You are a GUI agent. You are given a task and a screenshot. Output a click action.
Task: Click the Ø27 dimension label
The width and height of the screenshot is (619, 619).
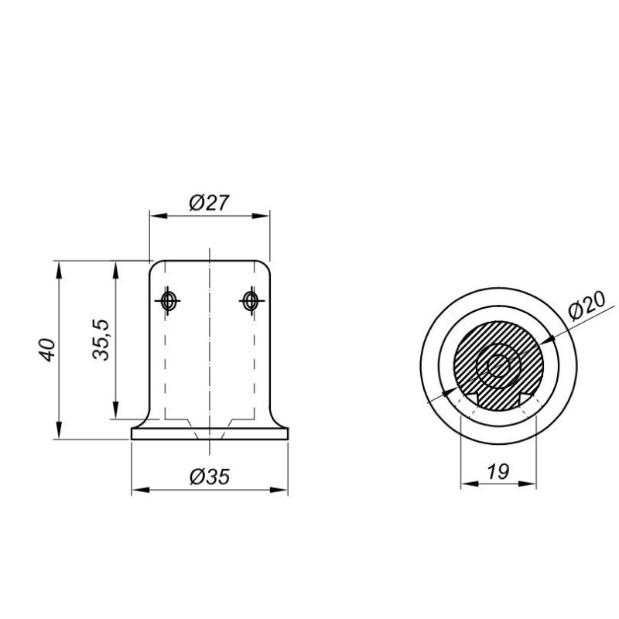pyautogui.click(x=209, y=203)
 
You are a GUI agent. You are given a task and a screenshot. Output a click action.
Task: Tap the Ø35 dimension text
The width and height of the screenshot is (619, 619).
pyautogui.click(x=209, y=477)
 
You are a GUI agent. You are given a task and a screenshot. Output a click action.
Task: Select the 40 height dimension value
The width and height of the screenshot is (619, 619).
pyautogui.click(x=47, y=350)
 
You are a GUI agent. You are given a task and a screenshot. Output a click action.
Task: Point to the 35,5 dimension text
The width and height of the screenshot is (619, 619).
pyautogui.click(x=101, y=340)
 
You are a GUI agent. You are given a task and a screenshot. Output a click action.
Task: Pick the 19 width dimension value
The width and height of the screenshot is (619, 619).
pyautogui.click(x=498, y=471)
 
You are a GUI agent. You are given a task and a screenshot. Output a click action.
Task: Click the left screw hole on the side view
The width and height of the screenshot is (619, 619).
pyautogui.click(x=168, y=301)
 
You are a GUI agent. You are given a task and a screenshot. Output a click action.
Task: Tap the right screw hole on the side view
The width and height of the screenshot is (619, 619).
pyautogui.click(x=250, y=301)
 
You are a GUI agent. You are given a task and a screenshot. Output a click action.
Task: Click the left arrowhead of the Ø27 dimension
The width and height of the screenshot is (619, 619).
pyautogui.click(x=158, y=216)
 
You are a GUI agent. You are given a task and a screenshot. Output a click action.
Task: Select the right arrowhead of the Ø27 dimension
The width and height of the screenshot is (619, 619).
pyautogui.click(x=262, y=216)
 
